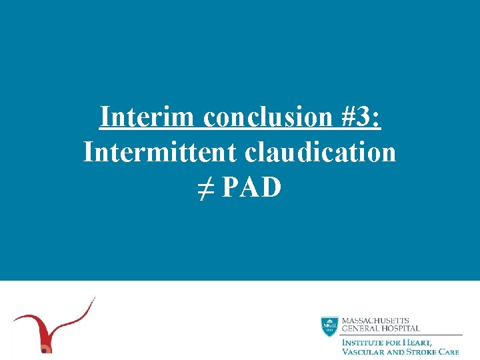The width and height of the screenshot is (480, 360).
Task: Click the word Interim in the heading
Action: pos(148,117)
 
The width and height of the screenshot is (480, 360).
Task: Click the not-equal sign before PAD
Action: pos(205,187)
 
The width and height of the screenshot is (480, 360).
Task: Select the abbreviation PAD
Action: pos(252,187)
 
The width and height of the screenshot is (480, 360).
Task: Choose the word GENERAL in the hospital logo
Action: pos(361,329)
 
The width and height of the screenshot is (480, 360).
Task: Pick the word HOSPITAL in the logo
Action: pos(401,329)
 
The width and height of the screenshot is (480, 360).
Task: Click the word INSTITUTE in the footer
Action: pos(364,342)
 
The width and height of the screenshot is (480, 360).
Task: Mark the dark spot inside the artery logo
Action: pos(45,348)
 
